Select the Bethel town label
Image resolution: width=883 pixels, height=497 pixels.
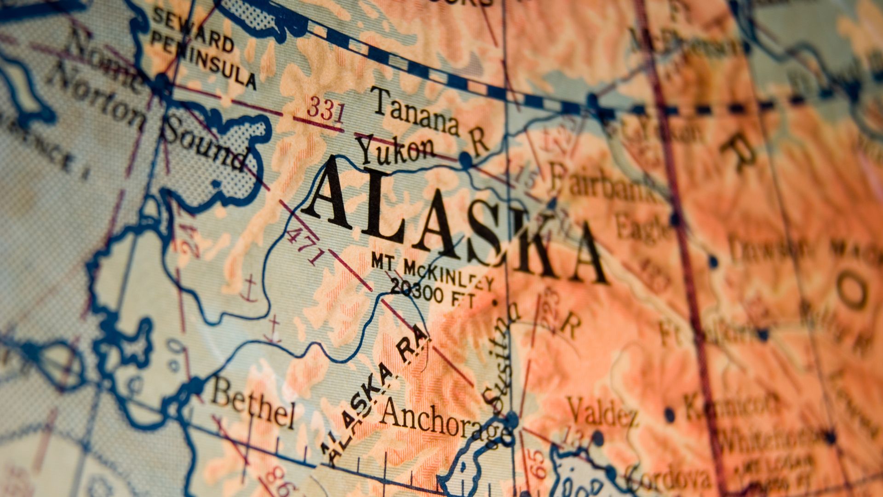click(253, 405)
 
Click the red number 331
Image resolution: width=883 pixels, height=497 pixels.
click(326, 110)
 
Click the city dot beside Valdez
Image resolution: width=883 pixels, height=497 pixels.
click(597, 438)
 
